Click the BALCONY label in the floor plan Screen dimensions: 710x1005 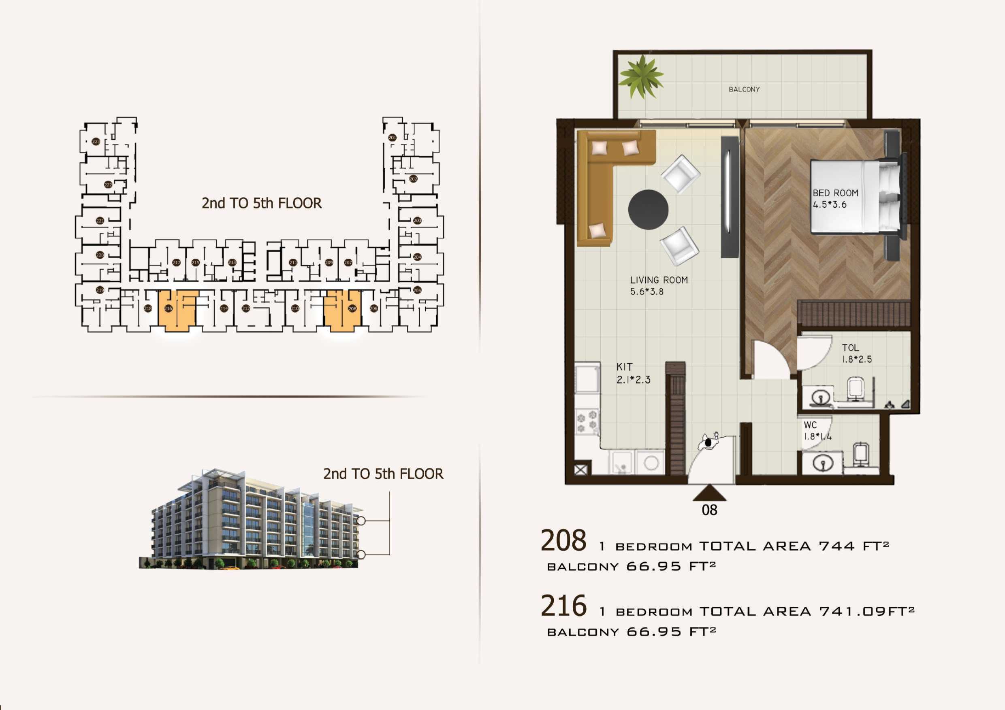(744, 89)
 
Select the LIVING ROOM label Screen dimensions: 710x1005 (659, 280)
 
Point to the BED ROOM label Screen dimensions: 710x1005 (835, 193)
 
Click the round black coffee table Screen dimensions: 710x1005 (648, 210)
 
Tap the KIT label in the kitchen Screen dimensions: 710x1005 (625, 367)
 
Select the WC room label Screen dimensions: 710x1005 (810, 425)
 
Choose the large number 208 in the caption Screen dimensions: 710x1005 (563, 541)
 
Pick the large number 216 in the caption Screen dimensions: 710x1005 (563, 606)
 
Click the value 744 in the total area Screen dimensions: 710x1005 (836, 546)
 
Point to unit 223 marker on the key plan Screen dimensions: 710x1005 (96, 142)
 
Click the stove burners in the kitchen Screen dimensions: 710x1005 (587, 421)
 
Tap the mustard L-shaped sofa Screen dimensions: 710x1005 (600, 175)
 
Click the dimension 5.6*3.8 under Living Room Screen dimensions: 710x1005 (647, 292)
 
